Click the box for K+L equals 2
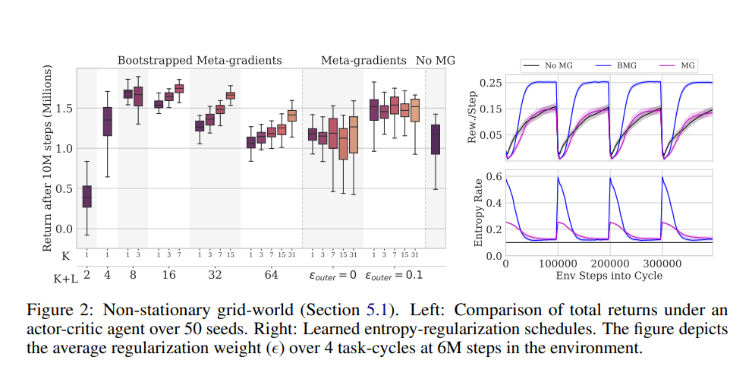(x=87, y=196)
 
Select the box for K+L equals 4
(x=107, y=122)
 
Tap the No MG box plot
(x=435, y=140)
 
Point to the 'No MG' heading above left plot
(x=436, y=60)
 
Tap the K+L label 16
(x=168, y=275)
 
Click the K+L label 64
(x=272, y=275)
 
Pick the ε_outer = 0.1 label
(x=393, y=275)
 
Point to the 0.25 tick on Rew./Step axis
(x=491, y=82)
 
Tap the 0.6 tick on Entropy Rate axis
(x=494, y=176)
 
